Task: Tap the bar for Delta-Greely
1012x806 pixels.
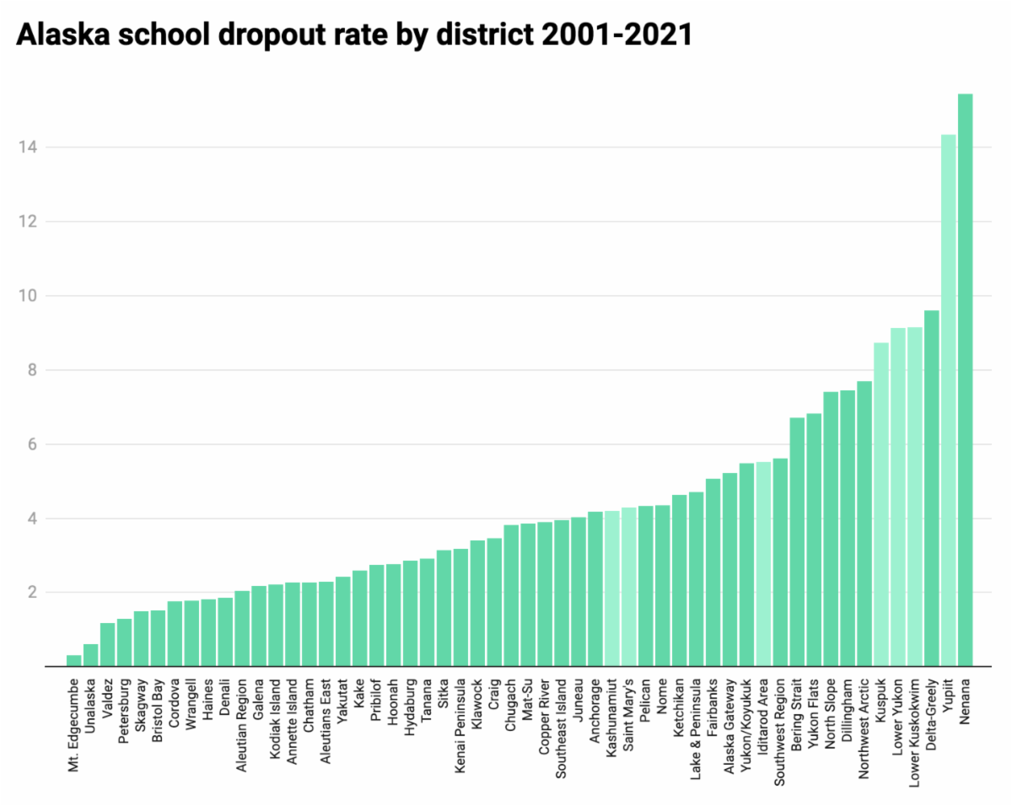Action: tap(931, 489)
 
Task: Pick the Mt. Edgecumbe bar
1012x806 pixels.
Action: tap(74, 661)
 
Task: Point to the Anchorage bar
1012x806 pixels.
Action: tap(595, 589)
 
